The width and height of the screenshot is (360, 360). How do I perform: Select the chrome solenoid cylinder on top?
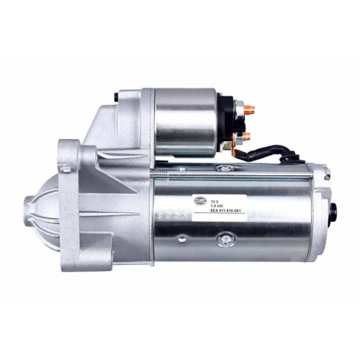point(186,122)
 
